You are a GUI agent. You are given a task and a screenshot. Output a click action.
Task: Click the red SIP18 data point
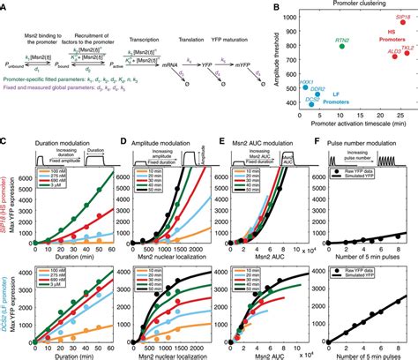click(x=402, y=23)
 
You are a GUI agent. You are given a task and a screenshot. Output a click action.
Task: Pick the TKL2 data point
click(x=407, y=54)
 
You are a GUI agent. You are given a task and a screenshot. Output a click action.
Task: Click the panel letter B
click(x=278, y=6)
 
